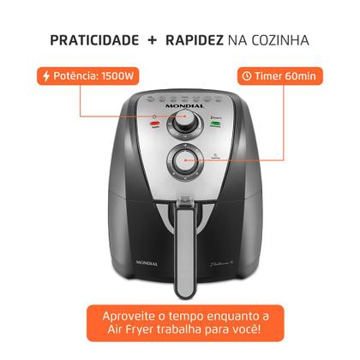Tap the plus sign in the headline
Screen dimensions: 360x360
152,40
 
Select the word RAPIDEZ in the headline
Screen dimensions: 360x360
198,40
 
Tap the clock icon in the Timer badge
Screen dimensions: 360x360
247,75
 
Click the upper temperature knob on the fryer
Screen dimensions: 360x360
182,125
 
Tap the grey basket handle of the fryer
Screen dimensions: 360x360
181,249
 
